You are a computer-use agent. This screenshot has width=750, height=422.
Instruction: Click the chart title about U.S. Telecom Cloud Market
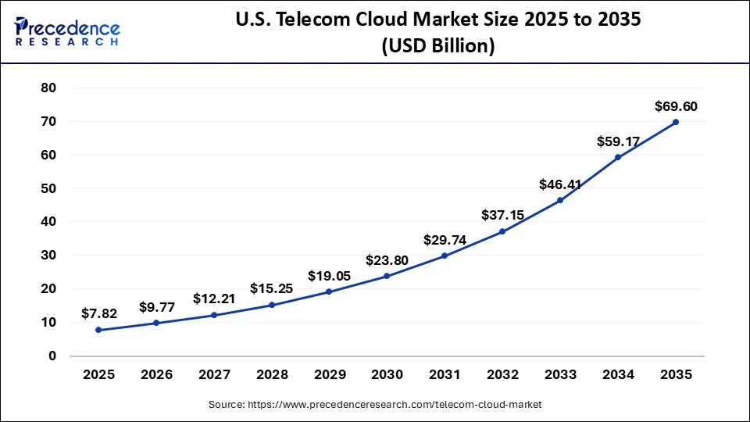[437, 33]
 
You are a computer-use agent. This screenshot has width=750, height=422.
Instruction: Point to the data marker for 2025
[98, 330]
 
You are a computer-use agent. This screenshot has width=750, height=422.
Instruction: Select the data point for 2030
[387, 276]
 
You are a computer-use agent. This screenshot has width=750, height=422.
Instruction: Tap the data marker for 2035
[675, 122]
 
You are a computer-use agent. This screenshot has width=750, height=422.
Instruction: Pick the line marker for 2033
[559, 201]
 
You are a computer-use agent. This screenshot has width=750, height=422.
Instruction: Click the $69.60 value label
[675, 105]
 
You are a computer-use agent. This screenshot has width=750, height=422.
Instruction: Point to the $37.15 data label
[502, 215]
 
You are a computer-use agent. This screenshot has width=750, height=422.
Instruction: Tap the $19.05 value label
[329, 275]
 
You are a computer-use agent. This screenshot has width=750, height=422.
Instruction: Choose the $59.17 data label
[617, 141]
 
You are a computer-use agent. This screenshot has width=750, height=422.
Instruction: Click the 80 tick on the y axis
[48, 88]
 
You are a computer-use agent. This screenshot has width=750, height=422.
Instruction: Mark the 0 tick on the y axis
[52, 356]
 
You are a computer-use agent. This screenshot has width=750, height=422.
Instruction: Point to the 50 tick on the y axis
[48, 188]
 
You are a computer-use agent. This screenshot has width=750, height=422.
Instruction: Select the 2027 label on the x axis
[214, 375]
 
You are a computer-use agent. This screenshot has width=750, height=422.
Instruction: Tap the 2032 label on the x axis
[502, 375]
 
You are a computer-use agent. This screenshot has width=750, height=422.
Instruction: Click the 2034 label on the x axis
[617, 375]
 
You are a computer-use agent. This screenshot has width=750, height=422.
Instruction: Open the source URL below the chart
[374, 405]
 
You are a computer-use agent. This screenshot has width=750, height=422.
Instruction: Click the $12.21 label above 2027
[214, 299]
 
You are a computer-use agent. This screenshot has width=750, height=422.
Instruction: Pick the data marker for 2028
[271, 305]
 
